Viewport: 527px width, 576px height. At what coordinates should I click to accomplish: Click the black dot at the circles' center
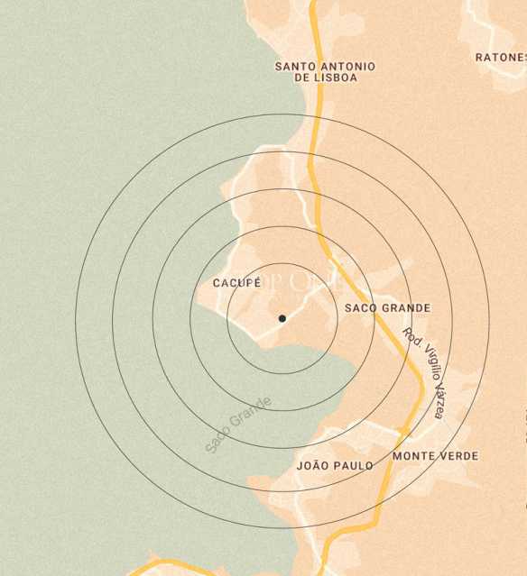coord(282,318)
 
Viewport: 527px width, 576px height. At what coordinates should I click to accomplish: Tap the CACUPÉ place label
coord(236,283)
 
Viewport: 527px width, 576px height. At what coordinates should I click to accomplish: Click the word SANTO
coord(295,67)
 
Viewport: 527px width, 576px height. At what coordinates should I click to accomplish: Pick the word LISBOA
coord(335,78)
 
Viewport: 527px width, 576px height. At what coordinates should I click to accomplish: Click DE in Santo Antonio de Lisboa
coord(302,78)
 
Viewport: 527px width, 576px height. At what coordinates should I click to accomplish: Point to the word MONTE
coord(414,456)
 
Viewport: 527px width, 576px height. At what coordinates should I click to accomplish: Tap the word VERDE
coord(459,456)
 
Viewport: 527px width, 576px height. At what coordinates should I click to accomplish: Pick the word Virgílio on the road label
coord(425,367)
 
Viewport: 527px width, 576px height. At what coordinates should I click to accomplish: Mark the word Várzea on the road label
coord(438,402)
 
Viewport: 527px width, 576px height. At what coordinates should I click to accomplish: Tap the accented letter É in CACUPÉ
coord(257,282)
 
